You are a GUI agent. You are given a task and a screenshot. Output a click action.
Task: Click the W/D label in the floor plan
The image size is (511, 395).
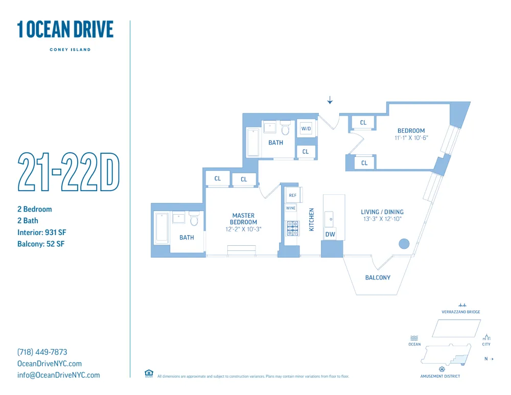(x=306, y=129)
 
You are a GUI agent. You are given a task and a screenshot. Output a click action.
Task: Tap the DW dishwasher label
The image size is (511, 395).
(x=330, y=235)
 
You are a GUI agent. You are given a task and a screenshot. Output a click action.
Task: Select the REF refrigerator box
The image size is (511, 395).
(x=293, y=195)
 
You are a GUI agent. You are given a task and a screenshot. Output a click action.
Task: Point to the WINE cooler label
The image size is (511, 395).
(x=291, y=208)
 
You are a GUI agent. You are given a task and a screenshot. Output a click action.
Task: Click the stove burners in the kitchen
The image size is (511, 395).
(x=293, y=228)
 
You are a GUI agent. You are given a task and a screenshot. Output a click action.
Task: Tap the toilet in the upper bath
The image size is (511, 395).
(x=285, y=128)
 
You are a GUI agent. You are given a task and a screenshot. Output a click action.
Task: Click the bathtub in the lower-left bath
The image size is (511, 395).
(x=161, y=228)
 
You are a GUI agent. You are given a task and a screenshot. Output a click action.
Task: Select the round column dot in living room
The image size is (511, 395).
(x=404, y=244)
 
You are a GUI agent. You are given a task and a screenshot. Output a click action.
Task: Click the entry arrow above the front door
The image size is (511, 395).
(x=330, y=100)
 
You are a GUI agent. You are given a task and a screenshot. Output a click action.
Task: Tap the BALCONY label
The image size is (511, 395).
(x=378, y=277)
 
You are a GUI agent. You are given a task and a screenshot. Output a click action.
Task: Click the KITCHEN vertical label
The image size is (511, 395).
(x=311, y=219)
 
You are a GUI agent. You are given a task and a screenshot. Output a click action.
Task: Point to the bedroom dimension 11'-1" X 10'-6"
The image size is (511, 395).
(x=411, y=138)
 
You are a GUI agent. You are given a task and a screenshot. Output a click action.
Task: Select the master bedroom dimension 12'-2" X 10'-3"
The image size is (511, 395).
(x=243, y=229)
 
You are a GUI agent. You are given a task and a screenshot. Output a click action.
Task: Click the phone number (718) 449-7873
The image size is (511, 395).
(x=42, y=352)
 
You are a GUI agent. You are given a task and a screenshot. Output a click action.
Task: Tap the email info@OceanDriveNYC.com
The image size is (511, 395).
(x=59, y=375)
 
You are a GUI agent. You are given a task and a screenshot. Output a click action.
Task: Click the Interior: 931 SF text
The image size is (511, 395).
(x=42, y=233)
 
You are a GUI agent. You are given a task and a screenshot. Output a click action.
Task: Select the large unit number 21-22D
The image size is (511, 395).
(x=69, y=172)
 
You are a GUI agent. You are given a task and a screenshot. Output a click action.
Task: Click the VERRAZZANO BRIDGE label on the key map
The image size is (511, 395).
(x=461, y=312)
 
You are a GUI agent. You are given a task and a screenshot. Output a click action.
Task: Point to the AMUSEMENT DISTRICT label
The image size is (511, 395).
(x=440, y=377)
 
